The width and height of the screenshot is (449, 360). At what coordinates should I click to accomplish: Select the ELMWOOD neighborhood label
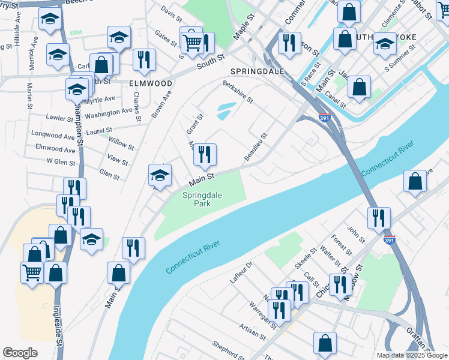click(x=151, y=83)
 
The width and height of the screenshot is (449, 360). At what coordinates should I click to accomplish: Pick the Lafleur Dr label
click(x=243, y=272)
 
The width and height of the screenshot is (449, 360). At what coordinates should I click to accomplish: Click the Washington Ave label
click(x=108, y=112)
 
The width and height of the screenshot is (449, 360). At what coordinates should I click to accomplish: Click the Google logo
click(x=20, y=353)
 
